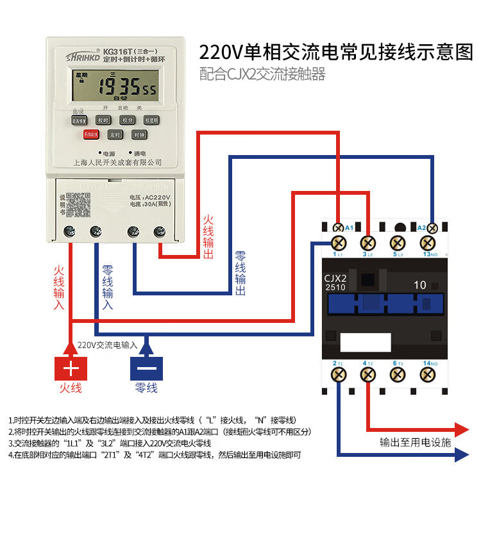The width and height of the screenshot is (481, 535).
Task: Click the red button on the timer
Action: (90, 135)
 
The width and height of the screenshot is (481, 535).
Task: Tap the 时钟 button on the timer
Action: (139, 135)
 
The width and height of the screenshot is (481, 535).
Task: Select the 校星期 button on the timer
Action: (151, 120)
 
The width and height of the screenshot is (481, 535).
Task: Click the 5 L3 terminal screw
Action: (398, 243)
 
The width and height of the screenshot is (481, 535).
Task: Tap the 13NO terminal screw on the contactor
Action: (427, 243)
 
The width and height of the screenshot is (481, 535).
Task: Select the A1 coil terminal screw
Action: (339, 227)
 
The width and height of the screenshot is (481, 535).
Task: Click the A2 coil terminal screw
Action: (432, 227)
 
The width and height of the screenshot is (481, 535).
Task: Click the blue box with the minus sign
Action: (147, 368)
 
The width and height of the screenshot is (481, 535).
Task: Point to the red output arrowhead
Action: (461, 429)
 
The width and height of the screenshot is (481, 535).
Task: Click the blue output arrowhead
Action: (461, 456)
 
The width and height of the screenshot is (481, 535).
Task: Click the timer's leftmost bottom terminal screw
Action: (67, 231)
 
